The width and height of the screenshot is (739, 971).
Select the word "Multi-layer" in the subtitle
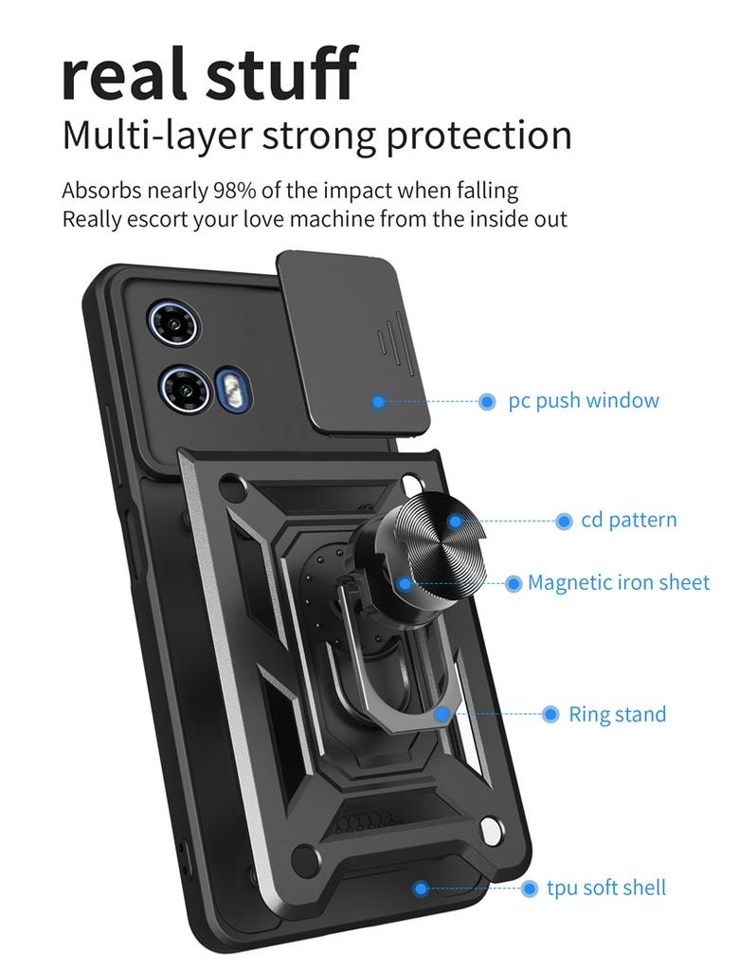pyautogui.click(x=156, y=136)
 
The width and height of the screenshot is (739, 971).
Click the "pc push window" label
pyautogui.click(x=584, y=401)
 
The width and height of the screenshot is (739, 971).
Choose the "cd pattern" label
pyautogui.click(x=629, y=521)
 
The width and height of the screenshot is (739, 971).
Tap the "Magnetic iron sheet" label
pyautogui.click(x=619, y=582)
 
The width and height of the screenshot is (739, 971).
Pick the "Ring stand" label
pyautogui.click(x=617, y=714)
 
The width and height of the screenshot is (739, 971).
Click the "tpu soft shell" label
pyautogui.click(x=606, y=889)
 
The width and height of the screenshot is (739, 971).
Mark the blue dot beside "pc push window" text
pyautogui.click(x=487, y=402)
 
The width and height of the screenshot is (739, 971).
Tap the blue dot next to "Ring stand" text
pyautogui.click(x=550, y=714)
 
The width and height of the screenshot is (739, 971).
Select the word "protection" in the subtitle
pyautogui.click(x=478, y=136)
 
